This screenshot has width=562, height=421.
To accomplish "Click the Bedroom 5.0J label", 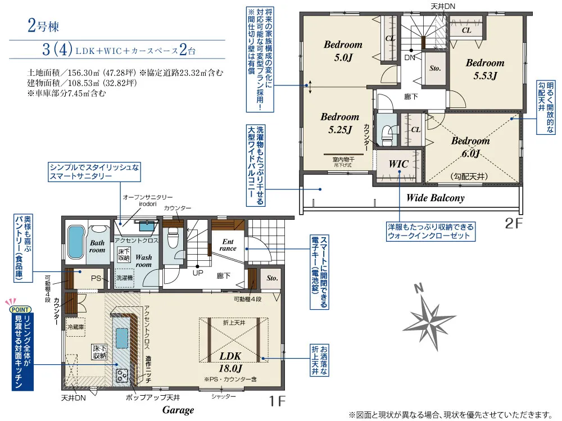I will tap(343, 50).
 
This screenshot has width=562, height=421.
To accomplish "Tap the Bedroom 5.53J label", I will tap(484, 69).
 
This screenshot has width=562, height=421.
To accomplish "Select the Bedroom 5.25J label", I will tap(339, 123).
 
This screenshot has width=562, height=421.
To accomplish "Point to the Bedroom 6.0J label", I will tap(470, 147).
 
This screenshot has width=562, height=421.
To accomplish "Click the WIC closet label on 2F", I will tap(398, 164).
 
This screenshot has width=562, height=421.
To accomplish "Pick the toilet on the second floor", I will tap(386, 133).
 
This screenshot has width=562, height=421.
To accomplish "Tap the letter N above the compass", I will tap(418, 289).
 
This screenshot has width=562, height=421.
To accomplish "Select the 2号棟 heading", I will tap(42, 25).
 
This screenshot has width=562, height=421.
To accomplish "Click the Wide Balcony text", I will tap(435, 198).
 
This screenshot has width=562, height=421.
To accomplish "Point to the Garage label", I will tap(178, 410).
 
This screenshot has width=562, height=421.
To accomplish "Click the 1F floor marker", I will tap(277, 401).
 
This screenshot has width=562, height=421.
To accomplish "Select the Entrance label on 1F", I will tap(228, 245).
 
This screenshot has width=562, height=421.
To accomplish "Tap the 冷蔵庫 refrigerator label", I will tap(75, 326).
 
